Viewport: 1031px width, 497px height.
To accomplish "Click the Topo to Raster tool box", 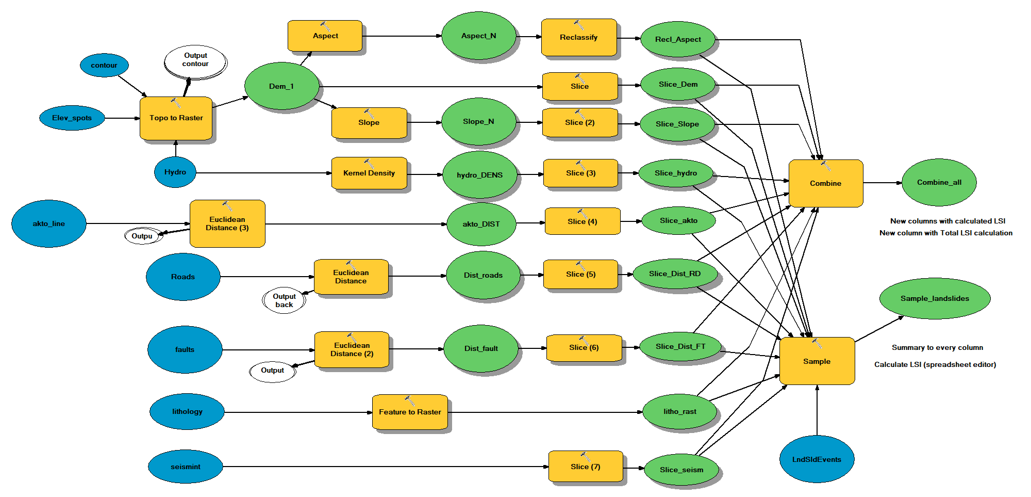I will point(176,118).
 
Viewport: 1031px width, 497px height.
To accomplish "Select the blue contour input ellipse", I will point(104,66).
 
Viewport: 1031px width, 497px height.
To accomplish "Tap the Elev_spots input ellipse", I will point(72,118).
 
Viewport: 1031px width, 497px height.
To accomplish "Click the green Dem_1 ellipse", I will point(281,86).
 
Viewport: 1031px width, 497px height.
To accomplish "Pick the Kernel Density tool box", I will point(369,173).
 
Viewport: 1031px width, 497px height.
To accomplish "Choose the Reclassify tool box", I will point(578,38).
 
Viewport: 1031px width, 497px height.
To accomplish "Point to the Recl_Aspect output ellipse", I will point(678,40).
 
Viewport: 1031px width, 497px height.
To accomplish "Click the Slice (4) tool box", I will point(582,221).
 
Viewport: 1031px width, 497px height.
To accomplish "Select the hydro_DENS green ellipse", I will point(479,175).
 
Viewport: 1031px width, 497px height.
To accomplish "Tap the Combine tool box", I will point(825,184).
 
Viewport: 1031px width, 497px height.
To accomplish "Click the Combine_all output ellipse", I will point(939,183).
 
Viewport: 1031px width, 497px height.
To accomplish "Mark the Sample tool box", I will point(817,361).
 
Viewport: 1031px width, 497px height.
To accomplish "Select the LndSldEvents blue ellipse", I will point(817,459).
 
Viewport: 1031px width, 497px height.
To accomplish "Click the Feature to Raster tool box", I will point(410,412).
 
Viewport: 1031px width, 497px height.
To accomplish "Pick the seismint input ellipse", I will point(186,467).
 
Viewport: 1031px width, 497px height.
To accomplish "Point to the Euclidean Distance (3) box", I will point(227,224).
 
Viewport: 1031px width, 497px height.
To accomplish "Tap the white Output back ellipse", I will point(284,300).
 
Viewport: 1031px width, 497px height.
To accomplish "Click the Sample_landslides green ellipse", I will point(934,299).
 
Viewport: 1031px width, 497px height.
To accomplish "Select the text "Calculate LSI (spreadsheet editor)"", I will point(935,365).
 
